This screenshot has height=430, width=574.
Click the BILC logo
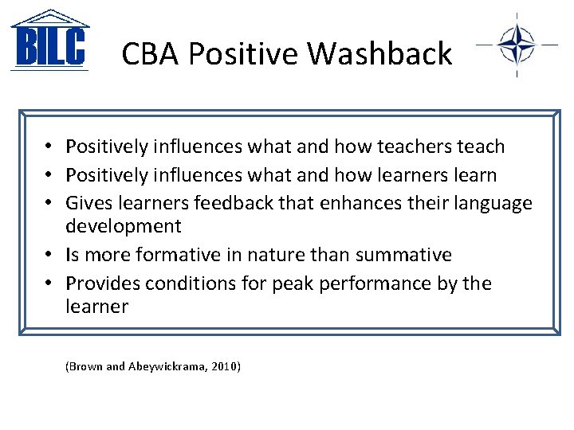pyautogui.click(x=49, y=41)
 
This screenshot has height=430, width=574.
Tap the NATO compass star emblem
pyautogui.click(x=517, y=45)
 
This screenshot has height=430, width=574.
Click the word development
pyautogui.click(x=123, y=226)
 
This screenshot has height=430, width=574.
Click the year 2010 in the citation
pyautogui.click(x=225, y=366)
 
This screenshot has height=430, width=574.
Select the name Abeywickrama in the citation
pyautogui.click(x=167, y=366)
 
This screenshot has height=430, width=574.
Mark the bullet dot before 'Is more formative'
pyautogui.click(x=49, y=256)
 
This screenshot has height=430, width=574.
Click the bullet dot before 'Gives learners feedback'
pyautogui.click(x=49, y=204)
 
